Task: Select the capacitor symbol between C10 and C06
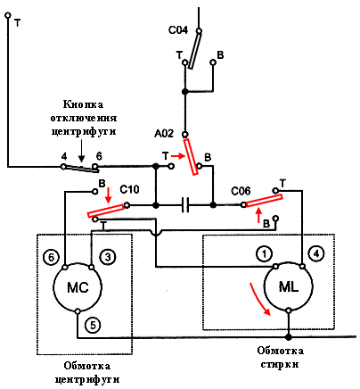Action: [185, 205]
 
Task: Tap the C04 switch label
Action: [178, 30]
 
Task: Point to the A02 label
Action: [164, 134]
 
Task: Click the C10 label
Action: [129, 189]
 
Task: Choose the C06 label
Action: [241, 191]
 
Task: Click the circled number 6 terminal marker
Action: [51, 257]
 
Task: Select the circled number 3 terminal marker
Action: [108, 257]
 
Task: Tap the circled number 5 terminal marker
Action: [93, 326]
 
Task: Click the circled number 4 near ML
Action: [316, 253]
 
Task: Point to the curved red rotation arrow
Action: [259, 300]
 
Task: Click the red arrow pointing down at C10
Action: [108, 195]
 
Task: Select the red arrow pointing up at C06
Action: [259, 215]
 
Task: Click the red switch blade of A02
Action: [191, 156]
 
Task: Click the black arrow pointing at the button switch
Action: [82, 153]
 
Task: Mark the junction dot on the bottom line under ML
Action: [288, 337]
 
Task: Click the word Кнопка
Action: [83, 104]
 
